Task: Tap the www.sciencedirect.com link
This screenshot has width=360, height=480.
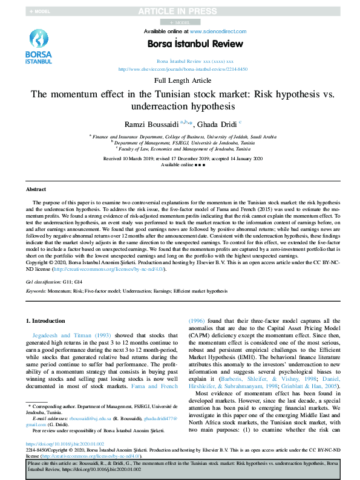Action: click(218, 31)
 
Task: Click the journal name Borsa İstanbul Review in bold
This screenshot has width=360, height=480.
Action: click(195, 44)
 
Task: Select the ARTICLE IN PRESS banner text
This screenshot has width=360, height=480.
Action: click(179, 11)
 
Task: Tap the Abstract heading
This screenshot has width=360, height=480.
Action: click(36, 189)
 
